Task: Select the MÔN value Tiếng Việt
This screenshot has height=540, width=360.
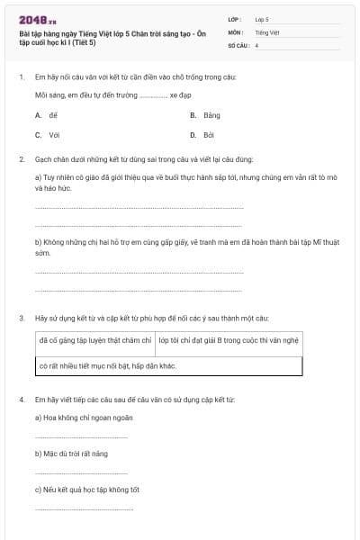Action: click(267, 31)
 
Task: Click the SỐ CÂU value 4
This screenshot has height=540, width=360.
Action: click(256, 45)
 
